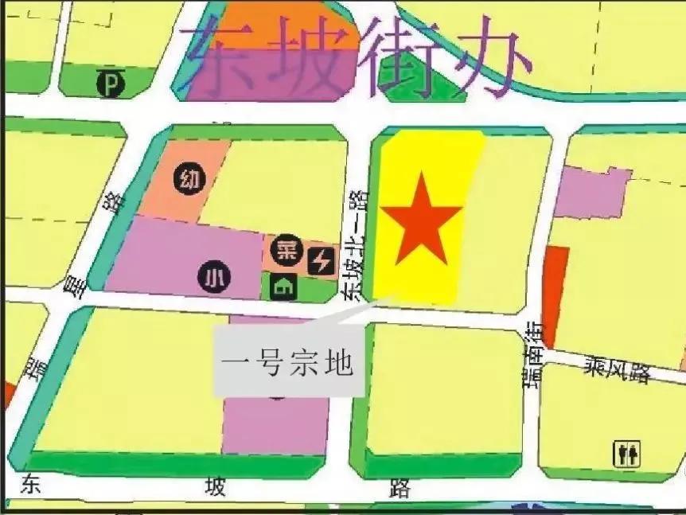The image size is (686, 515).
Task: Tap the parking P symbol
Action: (x=110, y=83)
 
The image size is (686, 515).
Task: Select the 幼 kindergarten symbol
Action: (x=189, y=178)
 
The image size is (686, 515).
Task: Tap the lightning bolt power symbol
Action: (x=322, y=260)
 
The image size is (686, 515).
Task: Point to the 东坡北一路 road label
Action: (x=355, y=244)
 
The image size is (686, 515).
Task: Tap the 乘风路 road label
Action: (x=618, y=369)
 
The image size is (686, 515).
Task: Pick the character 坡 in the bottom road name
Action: (x=215, y=486)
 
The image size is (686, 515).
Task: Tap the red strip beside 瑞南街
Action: (x=555, y=295)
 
